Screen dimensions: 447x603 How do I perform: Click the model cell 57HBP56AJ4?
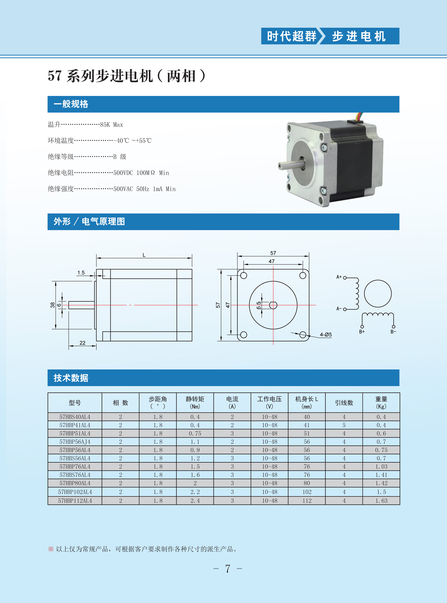click(75, 442)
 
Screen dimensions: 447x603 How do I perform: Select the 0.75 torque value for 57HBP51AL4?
click(195, 433)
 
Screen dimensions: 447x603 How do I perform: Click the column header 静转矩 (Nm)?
click(195, 402)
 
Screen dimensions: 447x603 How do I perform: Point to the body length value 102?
click(307, 492)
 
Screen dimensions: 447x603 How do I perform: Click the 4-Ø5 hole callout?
click(326, 335)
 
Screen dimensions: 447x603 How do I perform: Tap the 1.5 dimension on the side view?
click(81, 273)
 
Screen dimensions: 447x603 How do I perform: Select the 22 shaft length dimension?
click(83, 343)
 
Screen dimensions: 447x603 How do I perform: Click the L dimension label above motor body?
click(144, 255)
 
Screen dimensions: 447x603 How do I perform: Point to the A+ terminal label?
click(339, 277)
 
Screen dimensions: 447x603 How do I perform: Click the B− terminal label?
click(393, 332)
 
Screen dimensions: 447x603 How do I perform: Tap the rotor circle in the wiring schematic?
click(378, 293)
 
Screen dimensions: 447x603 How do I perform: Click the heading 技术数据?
click(71, 378)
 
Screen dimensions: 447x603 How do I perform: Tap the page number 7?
click(228, 569)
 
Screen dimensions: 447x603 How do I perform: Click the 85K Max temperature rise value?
click(111, 125)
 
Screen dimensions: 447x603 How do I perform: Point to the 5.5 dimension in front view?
click(259, 305)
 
